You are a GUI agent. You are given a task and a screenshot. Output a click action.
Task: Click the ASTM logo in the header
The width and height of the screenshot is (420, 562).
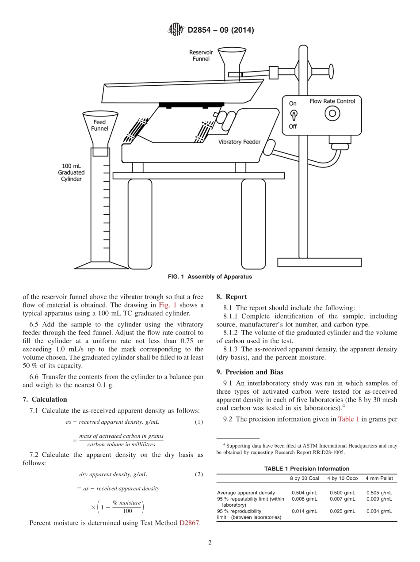tap(176, 30)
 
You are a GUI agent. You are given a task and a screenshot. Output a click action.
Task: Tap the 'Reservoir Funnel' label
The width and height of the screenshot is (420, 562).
tap(201, 56)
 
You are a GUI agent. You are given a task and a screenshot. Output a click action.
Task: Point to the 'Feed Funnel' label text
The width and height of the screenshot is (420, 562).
tap(99, 125)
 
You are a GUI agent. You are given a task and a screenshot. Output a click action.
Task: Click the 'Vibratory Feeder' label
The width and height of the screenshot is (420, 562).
tap(240, 142)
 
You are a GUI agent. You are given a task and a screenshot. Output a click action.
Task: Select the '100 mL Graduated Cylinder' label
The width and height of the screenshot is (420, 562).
tap(71, 173)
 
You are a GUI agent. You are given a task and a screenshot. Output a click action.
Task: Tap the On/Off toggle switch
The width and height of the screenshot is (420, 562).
tap(293, 115)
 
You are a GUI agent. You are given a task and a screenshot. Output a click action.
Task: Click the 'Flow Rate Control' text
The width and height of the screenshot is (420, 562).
tap(332, 101)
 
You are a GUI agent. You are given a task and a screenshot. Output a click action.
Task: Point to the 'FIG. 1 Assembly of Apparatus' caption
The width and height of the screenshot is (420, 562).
tap(210, 277)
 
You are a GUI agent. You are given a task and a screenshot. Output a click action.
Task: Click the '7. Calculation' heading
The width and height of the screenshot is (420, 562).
tap(45, 399)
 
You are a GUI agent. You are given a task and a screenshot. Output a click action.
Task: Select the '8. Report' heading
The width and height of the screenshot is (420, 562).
tap(232, 297)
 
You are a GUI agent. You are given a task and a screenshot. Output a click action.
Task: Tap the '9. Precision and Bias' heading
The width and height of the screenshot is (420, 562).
tap(250, 372)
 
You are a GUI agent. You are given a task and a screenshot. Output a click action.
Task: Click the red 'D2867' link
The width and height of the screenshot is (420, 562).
tap(190, 523)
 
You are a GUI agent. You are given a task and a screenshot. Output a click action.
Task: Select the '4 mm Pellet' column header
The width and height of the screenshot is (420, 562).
tap(379, 478)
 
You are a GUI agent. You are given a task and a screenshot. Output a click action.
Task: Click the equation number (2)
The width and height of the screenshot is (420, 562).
tap(199, 475)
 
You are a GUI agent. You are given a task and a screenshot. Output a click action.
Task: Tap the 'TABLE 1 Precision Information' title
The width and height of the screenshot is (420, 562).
tap(306, 469)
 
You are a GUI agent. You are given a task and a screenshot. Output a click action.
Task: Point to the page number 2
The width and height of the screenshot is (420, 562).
tap(210, 543)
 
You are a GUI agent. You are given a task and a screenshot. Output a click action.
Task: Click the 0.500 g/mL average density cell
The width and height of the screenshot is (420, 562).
tap(342, 493)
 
